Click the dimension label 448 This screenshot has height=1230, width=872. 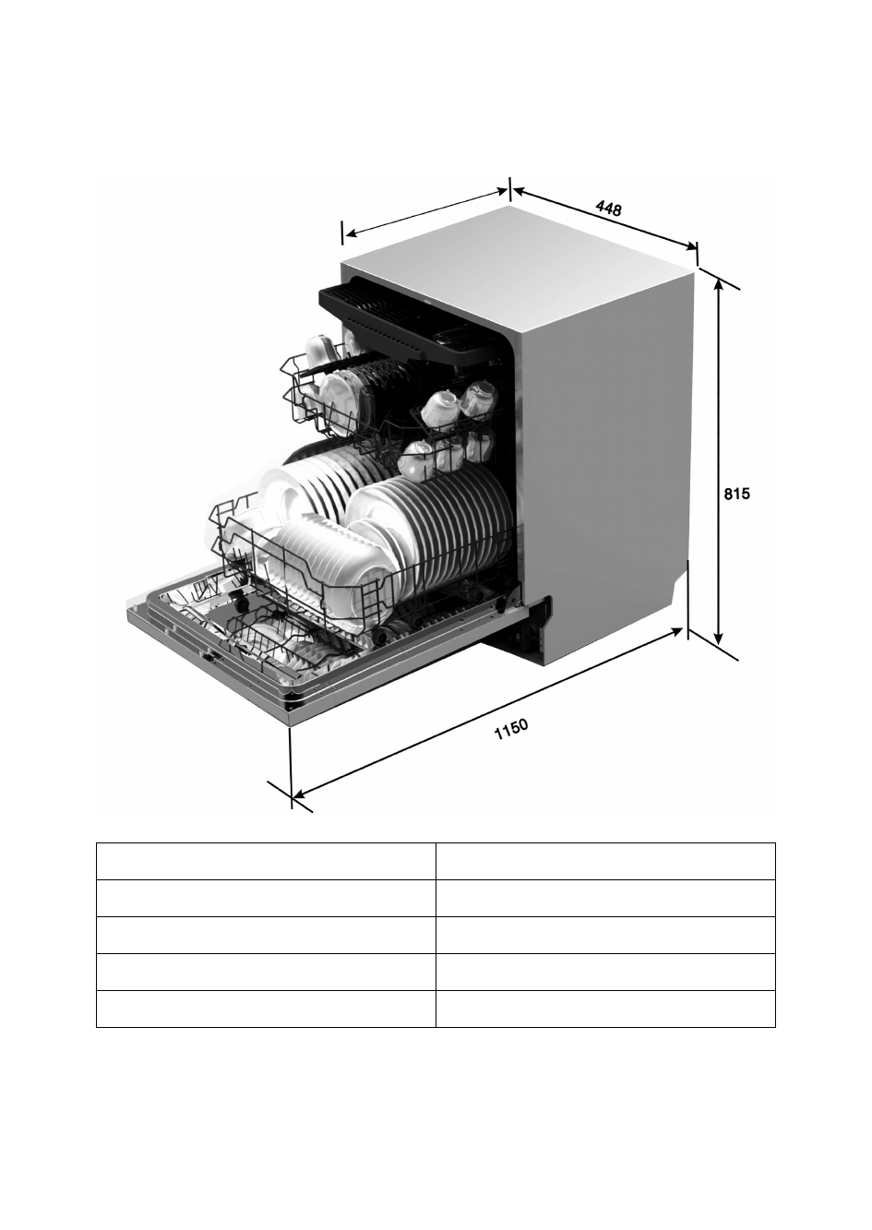point(609,208)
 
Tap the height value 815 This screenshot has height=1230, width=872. point(737,495)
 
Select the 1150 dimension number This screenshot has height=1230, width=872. point(511,729)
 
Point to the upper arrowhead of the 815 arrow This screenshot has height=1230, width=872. point(718,284)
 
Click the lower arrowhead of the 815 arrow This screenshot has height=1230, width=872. point(718,638)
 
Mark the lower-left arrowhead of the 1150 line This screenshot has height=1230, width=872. point(299,794)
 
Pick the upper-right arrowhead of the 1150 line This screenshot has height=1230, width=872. point(676,633)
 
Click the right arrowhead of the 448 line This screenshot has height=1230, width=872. point(689,245)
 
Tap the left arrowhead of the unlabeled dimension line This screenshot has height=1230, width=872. point(352,233)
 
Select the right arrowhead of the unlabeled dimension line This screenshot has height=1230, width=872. point(502,191)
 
